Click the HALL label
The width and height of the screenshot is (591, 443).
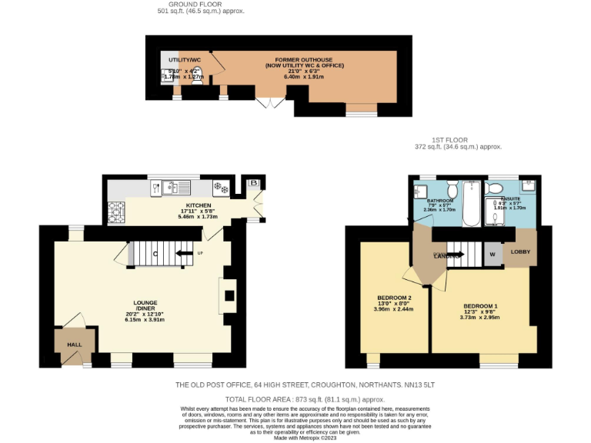tap(74, 345)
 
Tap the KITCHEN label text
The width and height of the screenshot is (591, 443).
tap(198, 205)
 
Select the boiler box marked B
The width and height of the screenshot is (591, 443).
tap(253, 182)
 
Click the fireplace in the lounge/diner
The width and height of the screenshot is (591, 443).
tap(227, 295)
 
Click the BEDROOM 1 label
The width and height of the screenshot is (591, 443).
tap(479, 305)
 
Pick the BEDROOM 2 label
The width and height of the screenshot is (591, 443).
tap(394, 298)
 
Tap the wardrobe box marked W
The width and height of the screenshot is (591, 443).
tap(492, 255)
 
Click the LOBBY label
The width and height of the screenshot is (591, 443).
tap(520, 251)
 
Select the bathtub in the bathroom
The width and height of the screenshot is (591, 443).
tap(471, 203)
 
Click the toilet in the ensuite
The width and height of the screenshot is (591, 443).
tap(495, 188)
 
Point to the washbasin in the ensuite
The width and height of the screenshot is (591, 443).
tap(528, 185)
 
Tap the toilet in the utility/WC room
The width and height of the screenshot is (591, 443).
tap(196, 87)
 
